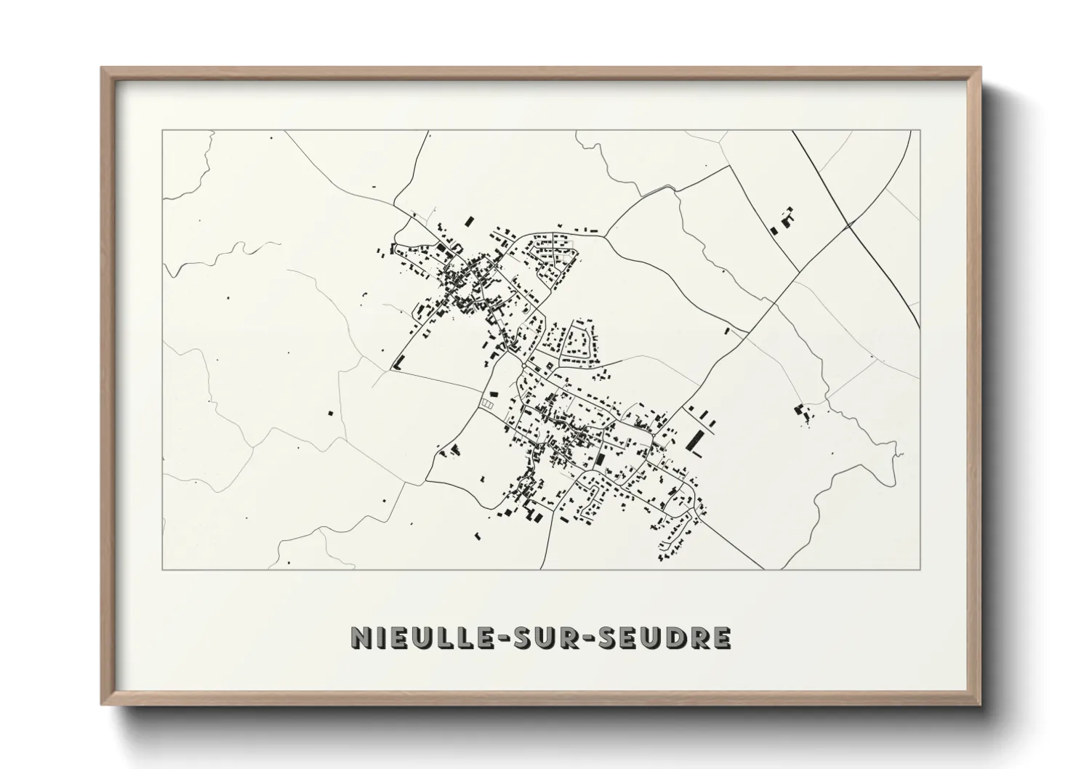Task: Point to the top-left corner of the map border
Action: pyautogui.click(x=163, y=131)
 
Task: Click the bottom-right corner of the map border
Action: pyautogui.click(x=920, y=569)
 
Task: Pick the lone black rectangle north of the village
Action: pyautogui.click(x=469, y=220)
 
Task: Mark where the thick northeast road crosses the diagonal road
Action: pyautogui.click(x=848, y=227)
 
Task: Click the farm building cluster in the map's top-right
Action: pyautogui.click(x=782, y=220)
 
